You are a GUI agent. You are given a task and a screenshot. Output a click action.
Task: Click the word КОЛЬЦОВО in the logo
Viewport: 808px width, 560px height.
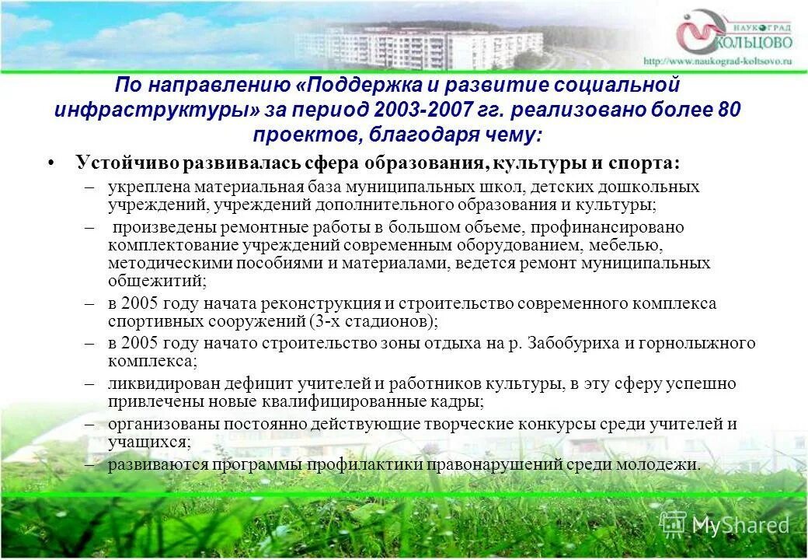click(751, 40)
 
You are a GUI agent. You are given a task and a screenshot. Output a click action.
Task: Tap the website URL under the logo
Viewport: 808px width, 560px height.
click(717, 60)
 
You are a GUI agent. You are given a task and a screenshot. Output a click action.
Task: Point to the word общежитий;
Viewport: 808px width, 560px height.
click(157, 281)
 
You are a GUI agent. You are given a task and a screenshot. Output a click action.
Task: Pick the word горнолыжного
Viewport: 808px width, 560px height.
click(705, 343)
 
